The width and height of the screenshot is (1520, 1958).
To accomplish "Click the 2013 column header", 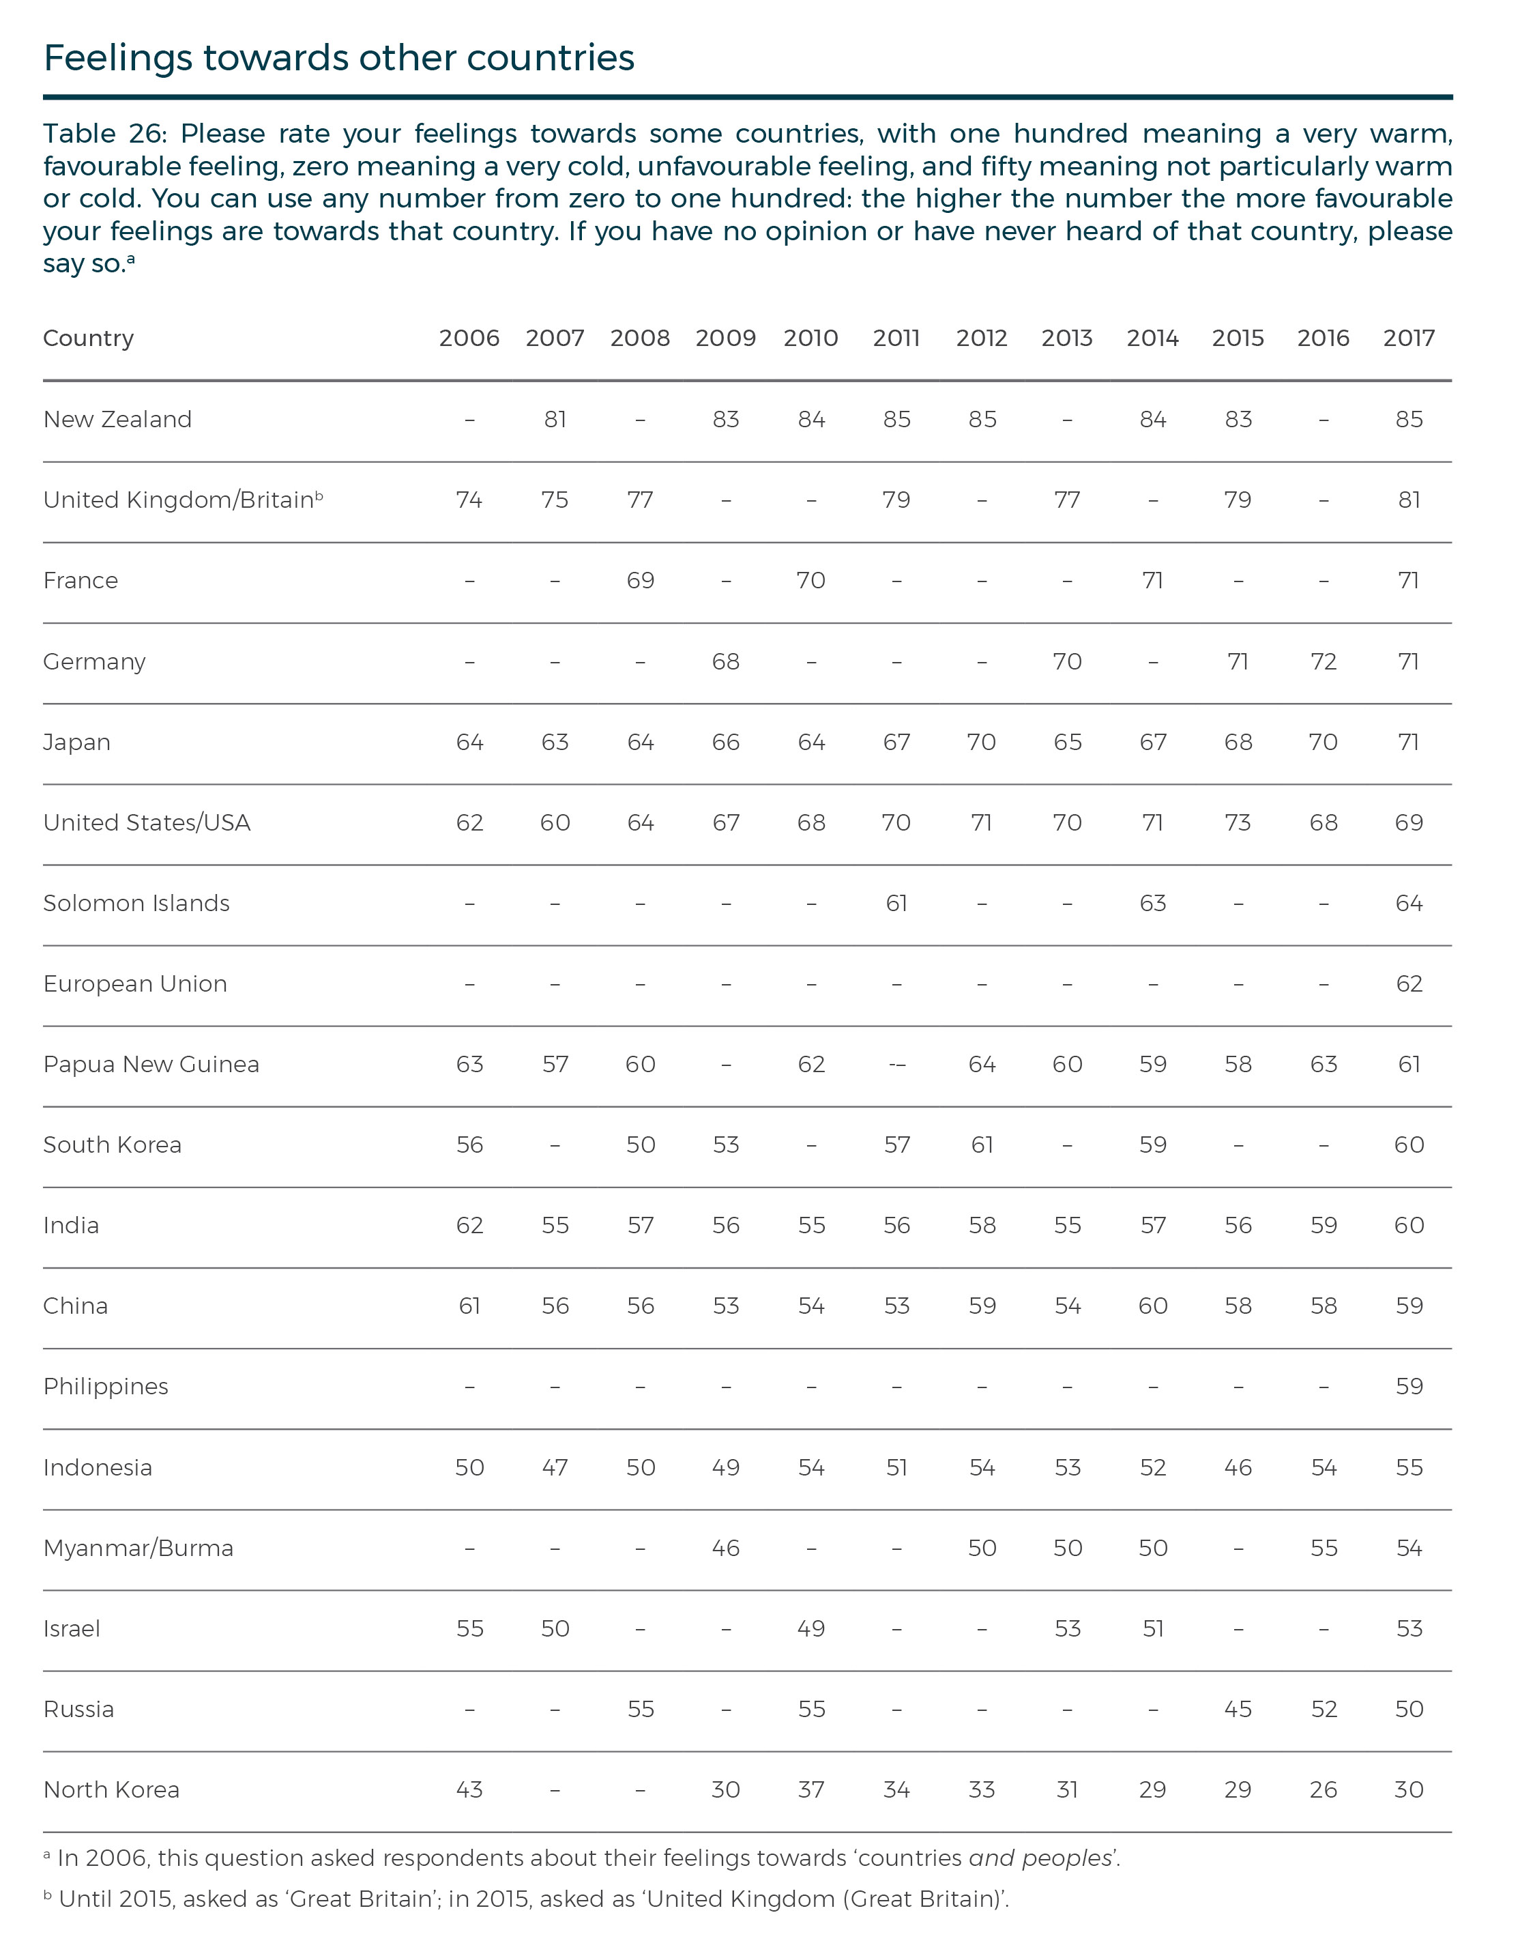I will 1066,338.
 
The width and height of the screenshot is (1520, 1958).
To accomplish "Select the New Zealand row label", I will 117,420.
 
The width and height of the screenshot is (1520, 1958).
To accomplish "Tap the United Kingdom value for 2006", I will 469,500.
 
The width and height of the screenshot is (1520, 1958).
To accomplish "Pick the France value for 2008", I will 640,581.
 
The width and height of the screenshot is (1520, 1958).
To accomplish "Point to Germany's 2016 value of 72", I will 1323,661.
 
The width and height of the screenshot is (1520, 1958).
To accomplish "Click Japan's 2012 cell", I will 981,743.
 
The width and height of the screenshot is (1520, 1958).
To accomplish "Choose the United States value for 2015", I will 1238,823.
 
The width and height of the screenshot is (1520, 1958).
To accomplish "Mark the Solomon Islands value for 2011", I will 896,904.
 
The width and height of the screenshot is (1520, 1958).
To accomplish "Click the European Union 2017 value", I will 1409,984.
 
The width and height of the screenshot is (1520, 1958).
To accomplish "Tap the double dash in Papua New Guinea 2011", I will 896,1065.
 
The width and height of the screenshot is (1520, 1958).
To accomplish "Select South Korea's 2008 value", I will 640,1145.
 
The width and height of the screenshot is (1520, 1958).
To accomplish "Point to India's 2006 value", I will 469,1226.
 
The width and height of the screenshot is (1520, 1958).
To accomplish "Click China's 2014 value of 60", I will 1152,1306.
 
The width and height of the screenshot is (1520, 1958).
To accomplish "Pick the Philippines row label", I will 106,1387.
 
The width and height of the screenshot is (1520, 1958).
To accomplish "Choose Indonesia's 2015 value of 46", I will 1238,1467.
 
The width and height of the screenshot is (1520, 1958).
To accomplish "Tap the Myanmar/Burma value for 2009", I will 725,1549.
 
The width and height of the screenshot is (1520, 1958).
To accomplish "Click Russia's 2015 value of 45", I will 1238,1710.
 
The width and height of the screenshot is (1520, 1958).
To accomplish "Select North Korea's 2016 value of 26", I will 1323,1790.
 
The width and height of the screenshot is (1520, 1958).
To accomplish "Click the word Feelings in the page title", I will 117,58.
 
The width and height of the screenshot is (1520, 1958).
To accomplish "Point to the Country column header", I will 88,338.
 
